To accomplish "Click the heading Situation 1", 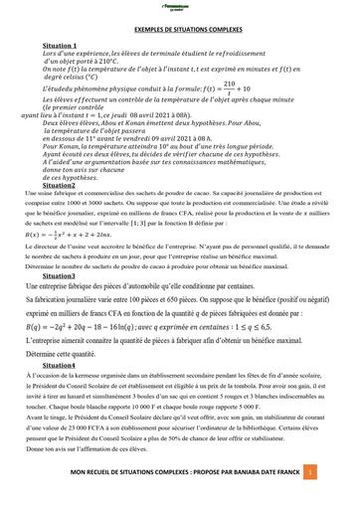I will pos(62,46).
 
